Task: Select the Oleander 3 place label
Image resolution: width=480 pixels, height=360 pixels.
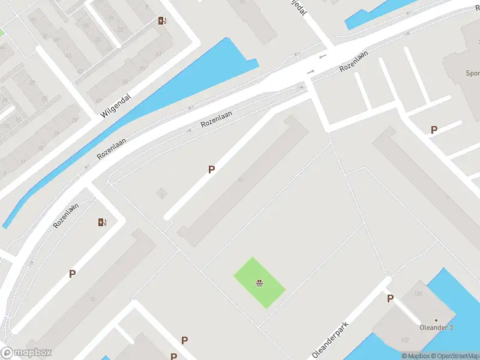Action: (436, 327)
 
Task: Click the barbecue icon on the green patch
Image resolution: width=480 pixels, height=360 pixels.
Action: (259, 283)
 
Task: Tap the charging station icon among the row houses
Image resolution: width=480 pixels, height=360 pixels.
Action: (162, 21)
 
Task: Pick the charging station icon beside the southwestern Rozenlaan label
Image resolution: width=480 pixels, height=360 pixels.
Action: (102, 222)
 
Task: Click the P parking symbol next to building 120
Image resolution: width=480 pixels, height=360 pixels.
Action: (390, 299)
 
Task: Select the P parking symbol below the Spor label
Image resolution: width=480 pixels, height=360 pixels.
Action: (434, 130)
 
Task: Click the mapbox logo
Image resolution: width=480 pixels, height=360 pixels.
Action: (26, 353)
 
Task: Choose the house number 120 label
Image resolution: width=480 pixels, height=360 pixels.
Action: (418, 293)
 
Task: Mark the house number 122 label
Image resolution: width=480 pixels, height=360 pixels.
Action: (405, 340)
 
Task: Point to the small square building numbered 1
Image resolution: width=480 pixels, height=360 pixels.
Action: (161, 194)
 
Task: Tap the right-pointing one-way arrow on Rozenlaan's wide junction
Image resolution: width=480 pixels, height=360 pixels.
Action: (310, 72)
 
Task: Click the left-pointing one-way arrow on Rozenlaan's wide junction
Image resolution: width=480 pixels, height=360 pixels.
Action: (322, 56)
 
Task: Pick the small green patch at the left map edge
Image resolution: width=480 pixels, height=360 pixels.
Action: (2, 32)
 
